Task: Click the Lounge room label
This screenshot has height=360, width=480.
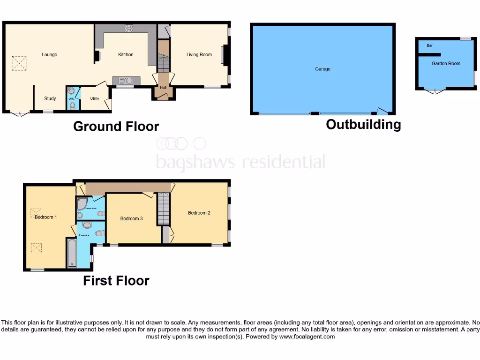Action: click(49, 55)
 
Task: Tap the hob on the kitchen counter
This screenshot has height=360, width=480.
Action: click(128, 28)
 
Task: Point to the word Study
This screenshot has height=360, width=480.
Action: click(50, 98)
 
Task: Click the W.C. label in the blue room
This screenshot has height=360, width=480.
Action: click(71, 98)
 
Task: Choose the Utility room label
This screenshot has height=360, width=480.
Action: click(94, 98)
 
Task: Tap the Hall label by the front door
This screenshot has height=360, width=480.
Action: click(163, 88)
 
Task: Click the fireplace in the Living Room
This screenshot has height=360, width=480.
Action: click(224, 55)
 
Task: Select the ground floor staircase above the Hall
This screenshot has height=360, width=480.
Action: click(163, 56)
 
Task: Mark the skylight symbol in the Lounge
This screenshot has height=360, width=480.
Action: click(19, 63)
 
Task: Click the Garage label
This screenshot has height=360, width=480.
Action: click(322, 69)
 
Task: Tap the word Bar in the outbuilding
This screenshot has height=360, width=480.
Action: click(429, 46)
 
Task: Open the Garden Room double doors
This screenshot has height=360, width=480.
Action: click(434, 91)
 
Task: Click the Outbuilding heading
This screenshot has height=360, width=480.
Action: click(363, 125)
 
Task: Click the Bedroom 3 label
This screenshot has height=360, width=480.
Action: click(131, 218)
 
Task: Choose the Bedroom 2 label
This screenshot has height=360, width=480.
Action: click(199, 213)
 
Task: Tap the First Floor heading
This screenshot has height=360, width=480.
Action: click(116, 281)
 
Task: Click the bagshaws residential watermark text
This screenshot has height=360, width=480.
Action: click(240, 162)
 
